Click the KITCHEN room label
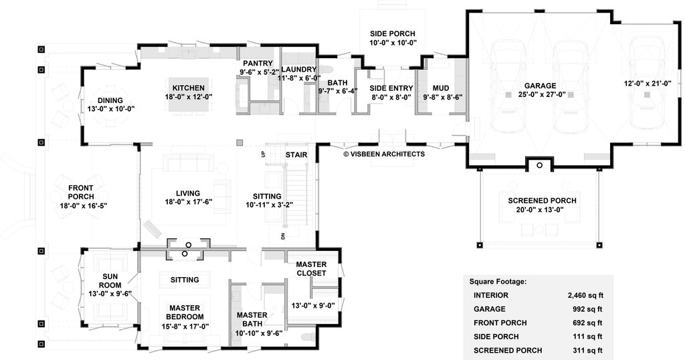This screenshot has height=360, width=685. [188, 88]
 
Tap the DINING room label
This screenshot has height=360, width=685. [110, 100]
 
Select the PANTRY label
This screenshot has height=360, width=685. [258, 64]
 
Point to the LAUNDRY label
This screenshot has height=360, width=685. [299, 70]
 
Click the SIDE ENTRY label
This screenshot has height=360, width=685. [391, 88]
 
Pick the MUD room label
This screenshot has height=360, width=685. [441, 88]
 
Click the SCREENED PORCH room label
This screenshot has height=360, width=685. [542, 201]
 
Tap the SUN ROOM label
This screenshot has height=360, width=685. [110, 280]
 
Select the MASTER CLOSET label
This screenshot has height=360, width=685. [311, 269]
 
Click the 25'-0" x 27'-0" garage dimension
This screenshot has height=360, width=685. [540, 94]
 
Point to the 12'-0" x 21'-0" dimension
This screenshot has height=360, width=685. [648, 84]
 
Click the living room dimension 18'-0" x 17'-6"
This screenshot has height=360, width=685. [188, 202]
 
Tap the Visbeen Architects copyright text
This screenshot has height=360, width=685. [384, 154]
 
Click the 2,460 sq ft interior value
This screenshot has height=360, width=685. [585, 295]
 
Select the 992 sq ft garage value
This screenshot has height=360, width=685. [587, 309]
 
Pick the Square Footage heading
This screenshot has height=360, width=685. [498, 282]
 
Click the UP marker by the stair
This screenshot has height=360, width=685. [262, 154]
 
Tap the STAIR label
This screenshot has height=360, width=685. [296, 155]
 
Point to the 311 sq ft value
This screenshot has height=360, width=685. [587, 351]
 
